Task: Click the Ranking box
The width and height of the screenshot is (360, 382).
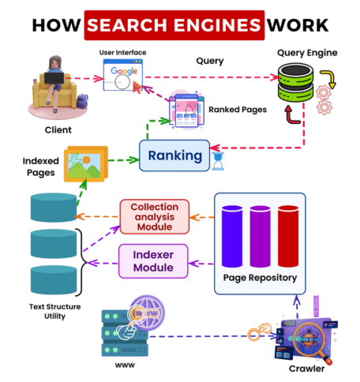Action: click(x=174, y=155)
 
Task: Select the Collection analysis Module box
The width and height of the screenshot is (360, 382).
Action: click(x=155, y=217)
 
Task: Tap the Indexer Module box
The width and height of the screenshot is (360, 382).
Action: click(x=153, y=261)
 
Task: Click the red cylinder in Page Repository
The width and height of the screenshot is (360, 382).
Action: click(x=288, y=236)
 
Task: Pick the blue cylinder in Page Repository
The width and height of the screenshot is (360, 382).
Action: click(x=232, y=236)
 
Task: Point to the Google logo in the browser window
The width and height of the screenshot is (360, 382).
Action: click(x=124, y=71)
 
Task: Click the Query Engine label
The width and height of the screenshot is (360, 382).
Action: click(x=307, y=53)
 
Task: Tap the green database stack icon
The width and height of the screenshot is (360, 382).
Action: click(x=295, y=82)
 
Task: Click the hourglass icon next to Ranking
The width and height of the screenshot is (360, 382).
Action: click(x=218, y=161)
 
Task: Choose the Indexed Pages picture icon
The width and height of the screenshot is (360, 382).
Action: click(x=86, y=163)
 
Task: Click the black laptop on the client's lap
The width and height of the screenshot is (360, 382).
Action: click(x=54, y=78)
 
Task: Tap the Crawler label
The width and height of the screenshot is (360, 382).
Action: click(x=306, y=369)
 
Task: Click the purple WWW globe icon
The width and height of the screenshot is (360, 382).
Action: click(x=148, y=313)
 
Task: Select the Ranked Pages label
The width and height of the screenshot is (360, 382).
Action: click(x=238, y=110)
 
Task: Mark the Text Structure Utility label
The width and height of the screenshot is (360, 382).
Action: click(x=54, y=311)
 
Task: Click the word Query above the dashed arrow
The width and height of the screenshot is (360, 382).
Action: click(x=210, y=61)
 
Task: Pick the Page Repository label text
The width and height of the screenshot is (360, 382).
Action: click(x=260, y=278)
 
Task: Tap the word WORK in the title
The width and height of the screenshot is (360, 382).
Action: click(x=298, y=25)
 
